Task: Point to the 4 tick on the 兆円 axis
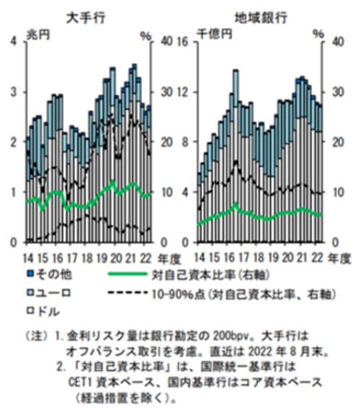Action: pyautogui.click(x=14, y=41)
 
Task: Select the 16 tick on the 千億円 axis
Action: pyautogui.click(x=187, y=41)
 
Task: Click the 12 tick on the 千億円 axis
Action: pyautogui.click(x=187, y=91)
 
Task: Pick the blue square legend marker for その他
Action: pyautogui.click(x=29, y=274)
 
